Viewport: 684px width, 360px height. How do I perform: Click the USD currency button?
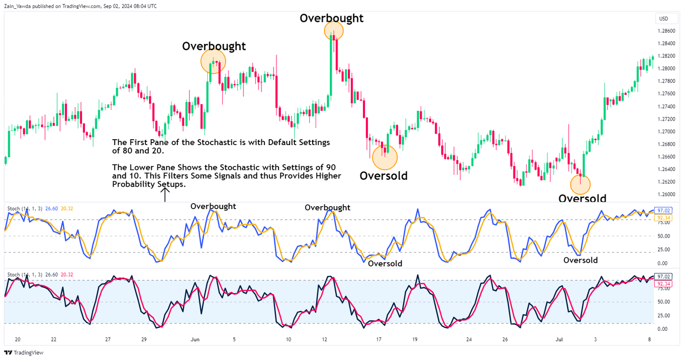pos(663,19)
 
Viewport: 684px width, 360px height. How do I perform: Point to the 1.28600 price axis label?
pos(667,31)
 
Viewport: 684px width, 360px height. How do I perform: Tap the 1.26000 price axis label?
pos(667,194)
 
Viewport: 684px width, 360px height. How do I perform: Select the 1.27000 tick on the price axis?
pos(667,132)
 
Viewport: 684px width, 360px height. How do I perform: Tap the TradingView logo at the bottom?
pos(24,353)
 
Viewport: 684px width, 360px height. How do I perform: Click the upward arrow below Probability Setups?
pos(166,195)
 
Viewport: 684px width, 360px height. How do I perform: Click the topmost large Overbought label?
pos(331,18)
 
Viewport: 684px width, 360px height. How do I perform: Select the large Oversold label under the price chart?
pos(383,176)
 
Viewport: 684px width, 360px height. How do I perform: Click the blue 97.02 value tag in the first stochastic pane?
pos(663,211)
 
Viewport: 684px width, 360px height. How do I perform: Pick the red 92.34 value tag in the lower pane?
pos(663,284)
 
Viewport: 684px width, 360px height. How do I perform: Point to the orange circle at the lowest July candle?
pos(580,184)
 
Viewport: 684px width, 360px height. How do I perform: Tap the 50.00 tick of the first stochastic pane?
pos(663,236)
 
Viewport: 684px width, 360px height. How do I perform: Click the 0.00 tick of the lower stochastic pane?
pos(663,329)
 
